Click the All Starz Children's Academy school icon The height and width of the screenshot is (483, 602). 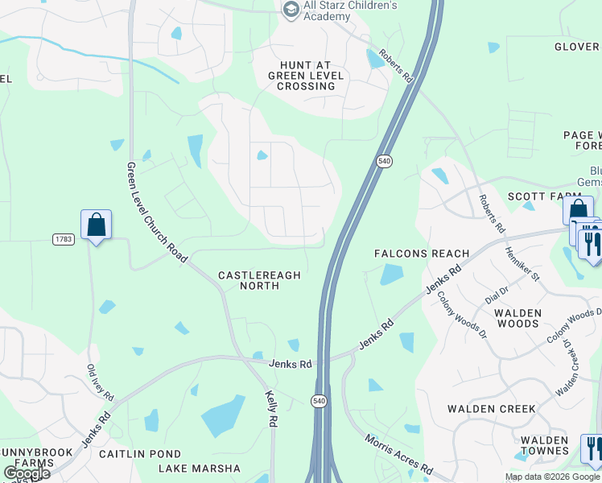click(291, 9)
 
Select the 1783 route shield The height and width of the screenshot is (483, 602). click(64, 239)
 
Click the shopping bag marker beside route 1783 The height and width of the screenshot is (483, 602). click(96, 225)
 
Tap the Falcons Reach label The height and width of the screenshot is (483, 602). click(422, 254)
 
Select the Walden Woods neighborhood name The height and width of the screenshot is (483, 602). click(517, 318)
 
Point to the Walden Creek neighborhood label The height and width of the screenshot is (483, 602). click(491, 409)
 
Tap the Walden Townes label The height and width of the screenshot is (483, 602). click(544, 446)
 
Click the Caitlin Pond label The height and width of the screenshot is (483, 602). click(140, 454)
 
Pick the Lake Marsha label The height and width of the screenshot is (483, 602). click(199, 469)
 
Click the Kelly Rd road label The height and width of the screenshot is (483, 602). click(272, 410)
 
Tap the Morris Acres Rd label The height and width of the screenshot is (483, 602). click(399, 455)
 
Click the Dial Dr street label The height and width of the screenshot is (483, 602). click(497, 295)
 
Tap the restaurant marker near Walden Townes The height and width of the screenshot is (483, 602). click(592, 448)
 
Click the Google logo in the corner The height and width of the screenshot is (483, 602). click(26, 473)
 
